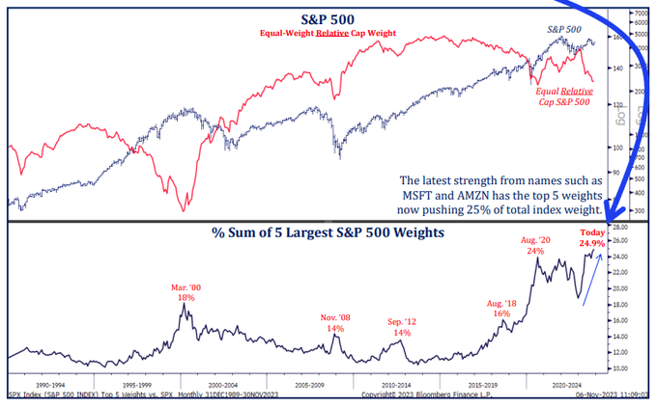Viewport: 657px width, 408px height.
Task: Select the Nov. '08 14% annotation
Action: pos(335,322)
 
